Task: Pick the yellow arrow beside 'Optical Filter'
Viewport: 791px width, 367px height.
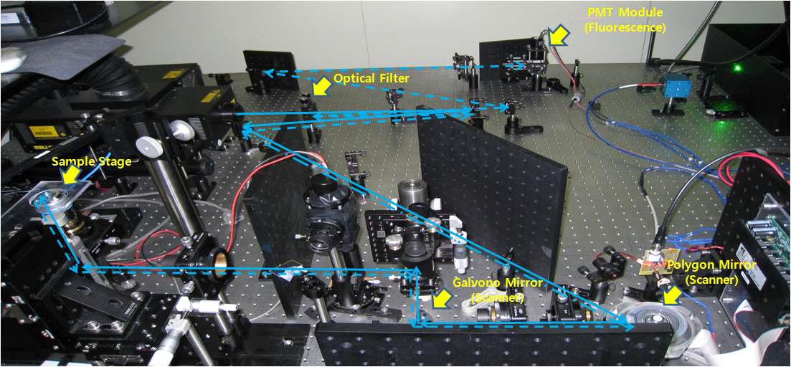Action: click(x=322, y=85)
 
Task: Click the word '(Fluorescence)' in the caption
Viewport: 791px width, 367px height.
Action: click(x=634, y=28)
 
